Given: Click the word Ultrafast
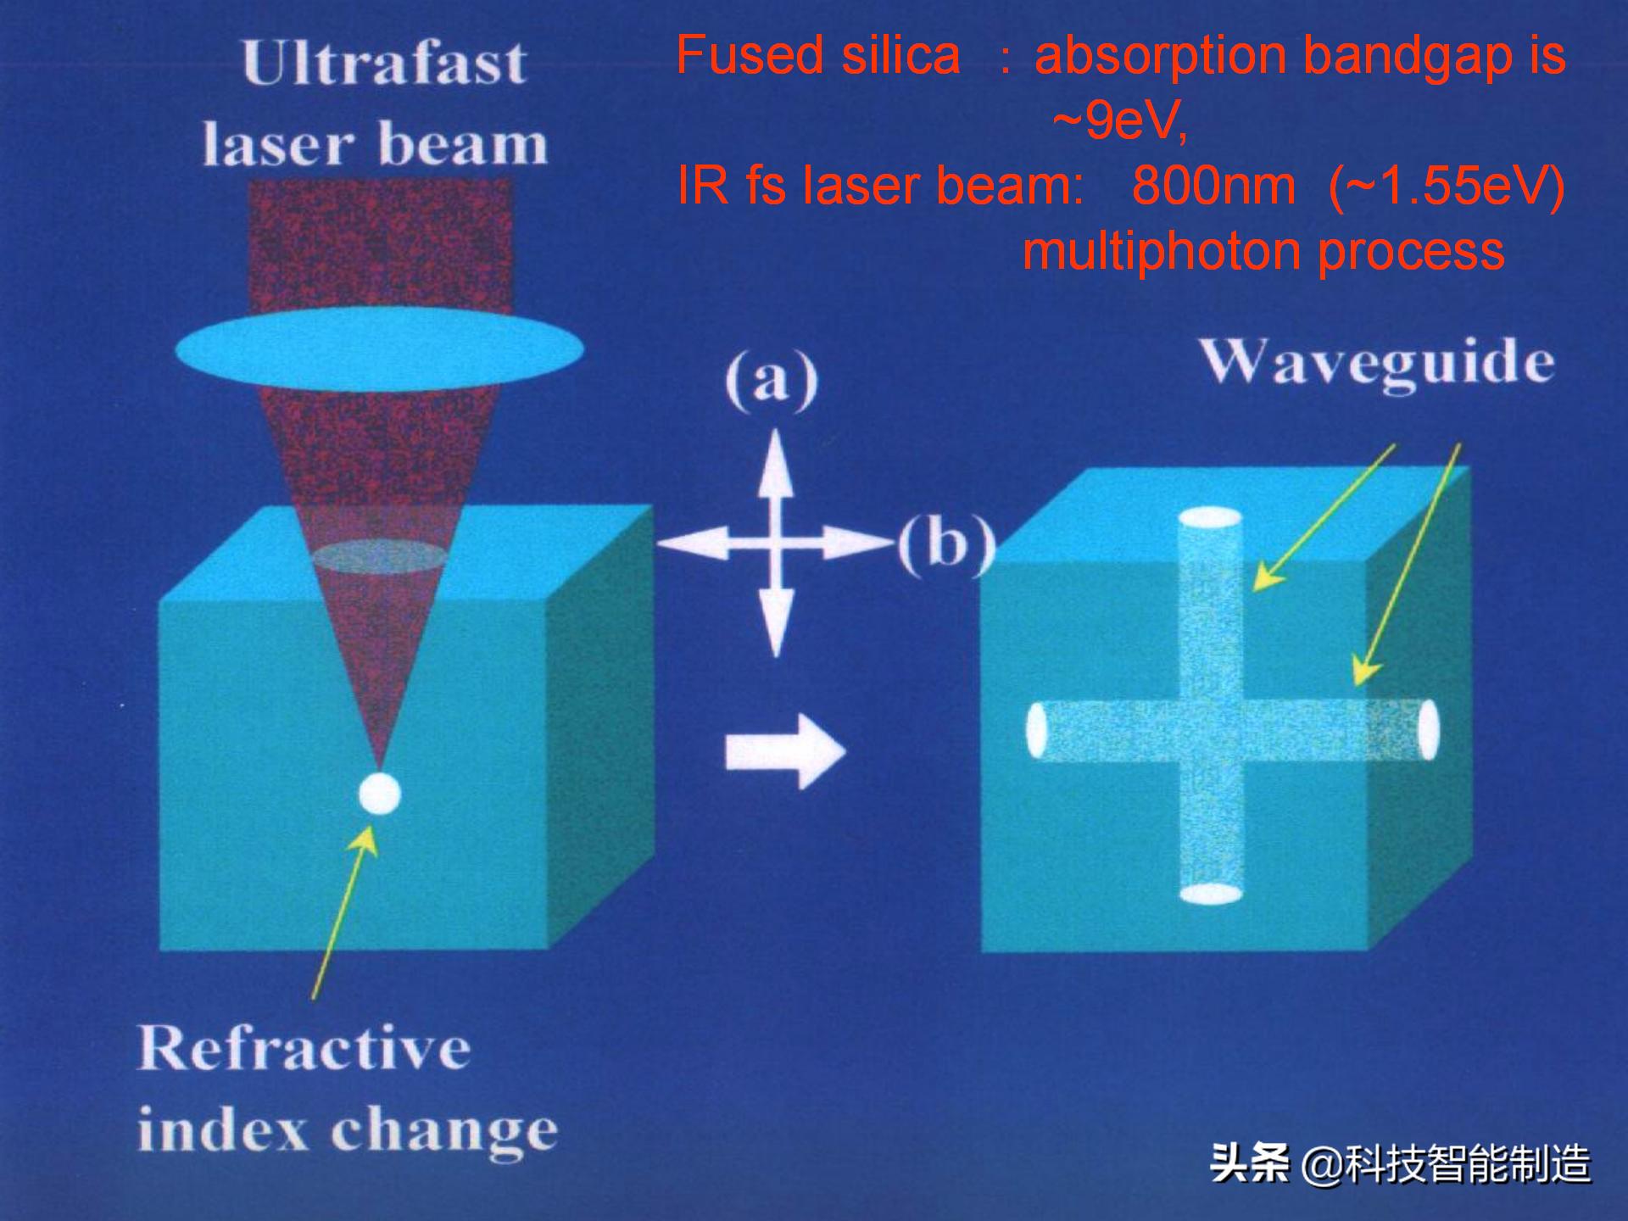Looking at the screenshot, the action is click(384, 63).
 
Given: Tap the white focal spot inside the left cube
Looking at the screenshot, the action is click(379, 794).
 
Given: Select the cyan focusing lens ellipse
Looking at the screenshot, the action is click(380, 349).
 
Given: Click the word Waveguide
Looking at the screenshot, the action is click(1377, 365).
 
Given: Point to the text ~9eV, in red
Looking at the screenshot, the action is click(1120, 120).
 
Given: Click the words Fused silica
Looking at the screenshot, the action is click(818, 56).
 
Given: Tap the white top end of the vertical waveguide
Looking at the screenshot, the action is click(1210, 518).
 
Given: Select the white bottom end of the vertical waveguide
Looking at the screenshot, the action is click(1211, 894).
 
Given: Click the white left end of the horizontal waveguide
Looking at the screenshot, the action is click(1036, 730).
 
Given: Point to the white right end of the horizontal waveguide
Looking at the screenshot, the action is click(1429, 729).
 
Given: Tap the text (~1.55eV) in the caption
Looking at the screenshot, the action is click(1447, 187).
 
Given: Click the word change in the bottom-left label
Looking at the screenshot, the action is click(444, 1133).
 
